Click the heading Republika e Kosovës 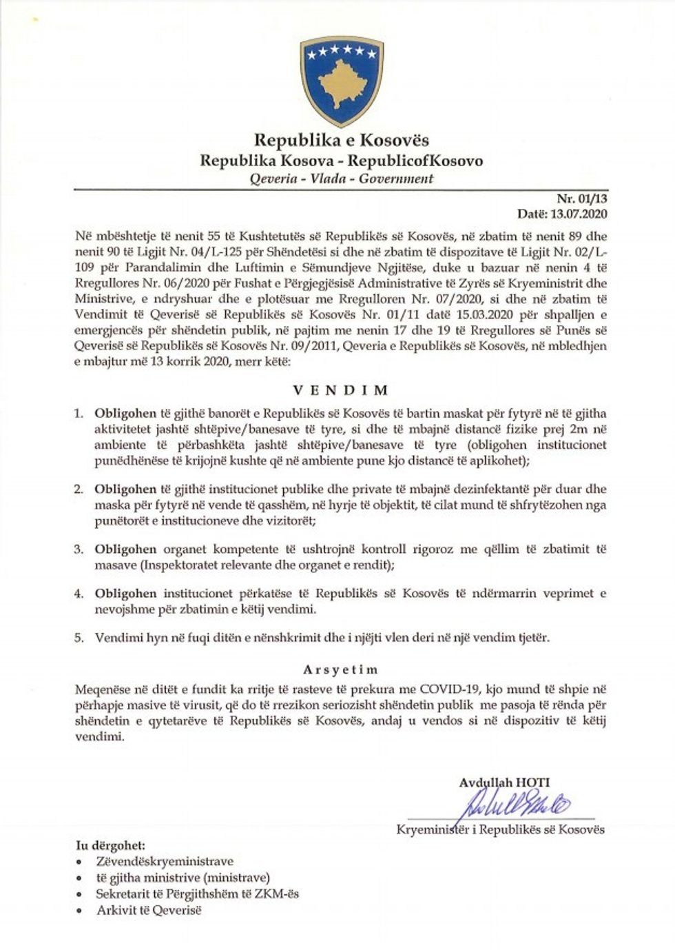click(x=342, y=141)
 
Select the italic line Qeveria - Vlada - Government click(x=342, y=179)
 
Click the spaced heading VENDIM click(x=341, y=390)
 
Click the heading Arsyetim click(x=341, y=669)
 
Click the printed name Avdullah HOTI click(x=504, y=782)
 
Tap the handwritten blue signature click(x=510, y=804)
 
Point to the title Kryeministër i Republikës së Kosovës click(x=501, y=829)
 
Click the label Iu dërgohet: click(x=110, y=845)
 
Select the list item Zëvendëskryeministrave click(x=165, y=861)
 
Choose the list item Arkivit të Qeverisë click(x=149, y=911)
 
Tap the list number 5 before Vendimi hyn click(x=79, y=638)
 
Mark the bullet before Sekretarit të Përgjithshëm click(x=81, y=895)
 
